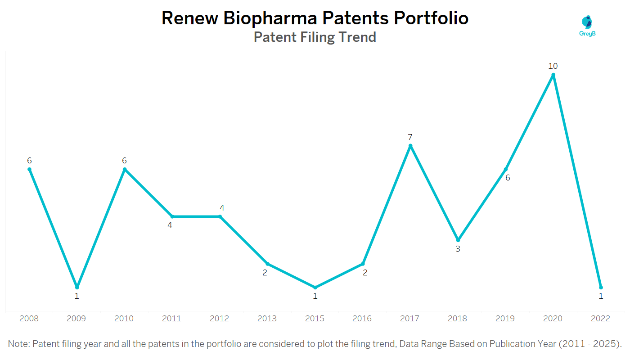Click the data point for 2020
[553, 75]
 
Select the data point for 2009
[77, 287]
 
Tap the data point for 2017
[410, 146]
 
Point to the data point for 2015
[315, 287]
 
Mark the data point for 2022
[601, 287]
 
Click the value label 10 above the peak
[553, 66]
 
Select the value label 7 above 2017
[410, 137]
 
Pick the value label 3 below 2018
[458, 248]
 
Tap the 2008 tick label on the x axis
[29, 319]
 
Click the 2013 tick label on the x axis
[267, 319]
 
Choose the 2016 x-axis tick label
[362, 319]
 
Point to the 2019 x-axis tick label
[505, 319]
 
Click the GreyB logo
[587, 25]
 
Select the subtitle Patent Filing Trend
[315, 36]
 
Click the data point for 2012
[220, 216]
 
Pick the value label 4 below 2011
[170, 225]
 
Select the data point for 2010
[125, 169]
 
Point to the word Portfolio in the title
[431, 18]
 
